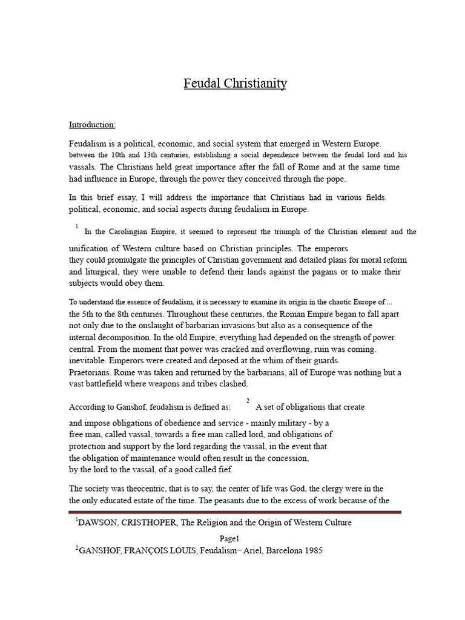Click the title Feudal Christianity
tap(235, 84)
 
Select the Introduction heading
tap(92, 125)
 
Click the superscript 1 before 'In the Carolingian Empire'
tap(77, 226)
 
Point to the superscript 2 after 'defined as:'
tap(248, 401)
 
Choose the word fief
tap(223, 469)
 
